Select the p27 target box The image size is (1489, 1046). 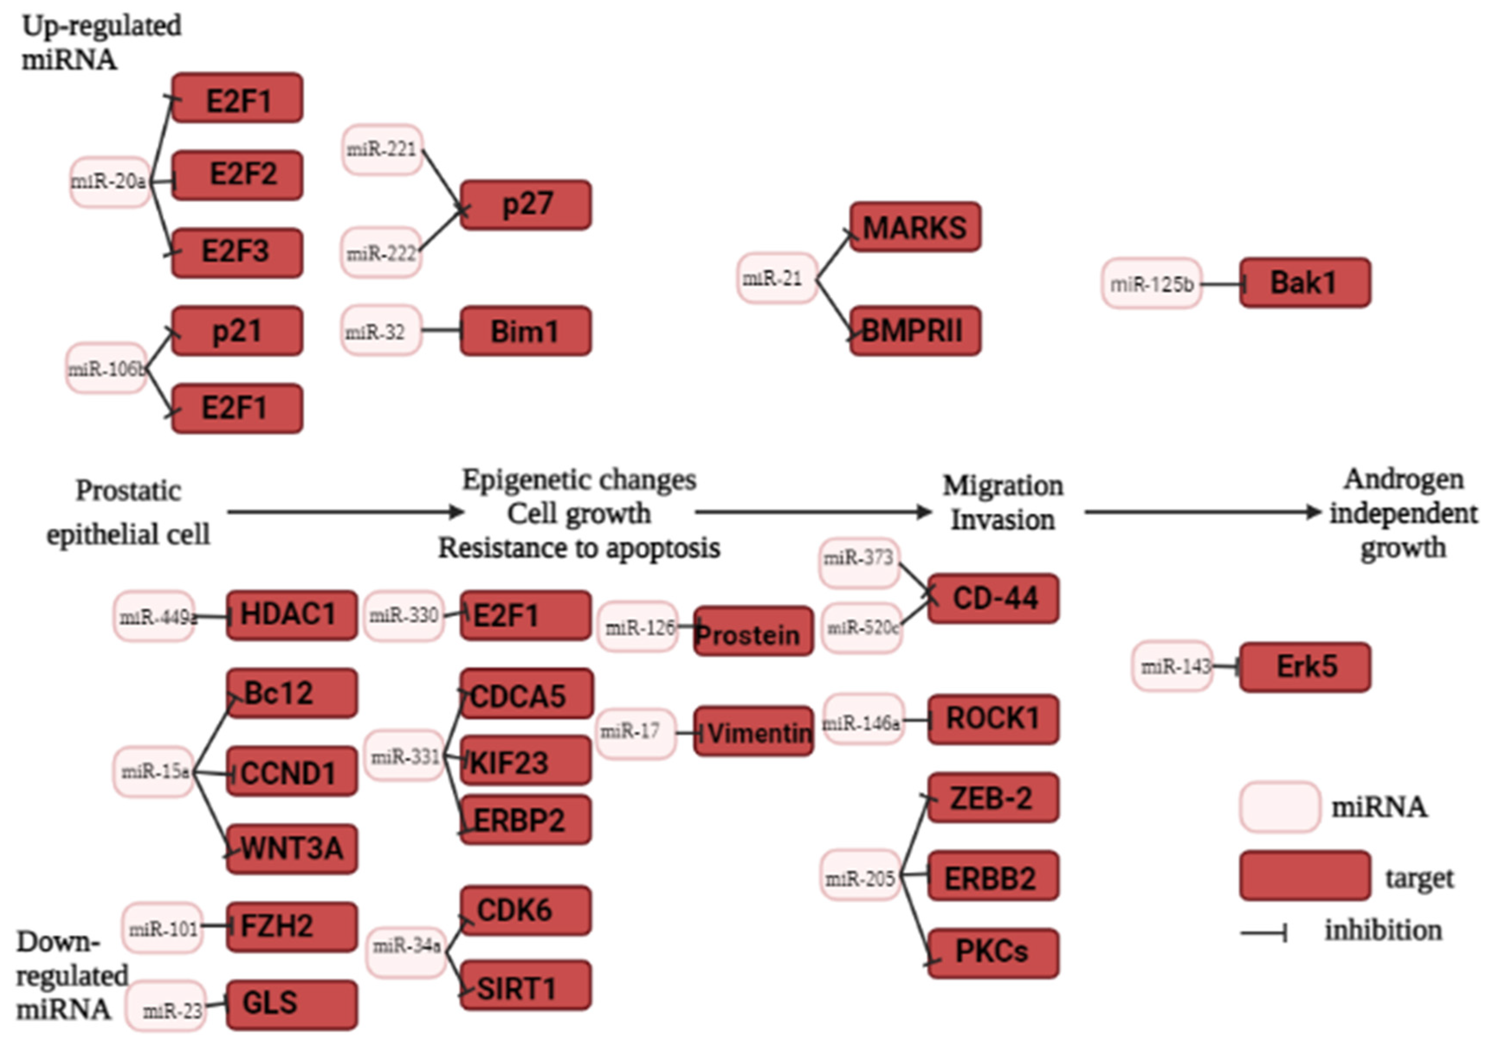pos(526,205)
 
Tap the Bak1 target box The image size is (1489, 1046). pos(1305,282)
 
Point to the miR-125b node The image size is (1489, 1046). pos(1152,283)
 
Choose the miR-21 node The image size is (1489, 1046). pos(776,278)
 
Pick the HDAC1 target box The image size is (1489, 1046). pos(292,614)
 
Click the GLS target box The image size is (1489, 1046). pos(292,1004)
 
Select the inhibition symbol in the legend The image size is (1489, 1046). pos(1263,933)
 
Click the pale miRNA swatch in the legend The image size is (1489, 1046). pos(1279,807)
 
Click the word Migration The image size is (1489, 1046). pos(1003,485)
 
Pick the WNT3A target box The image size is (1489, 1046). pos(292,848)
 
